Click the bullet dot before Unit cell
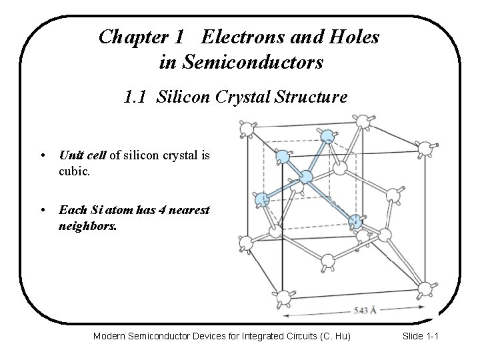click(x=42, y=156)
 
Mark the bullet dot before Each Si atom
click(x=42, y=211)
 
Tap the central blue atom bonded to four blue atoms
click(x=305, y=177)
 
